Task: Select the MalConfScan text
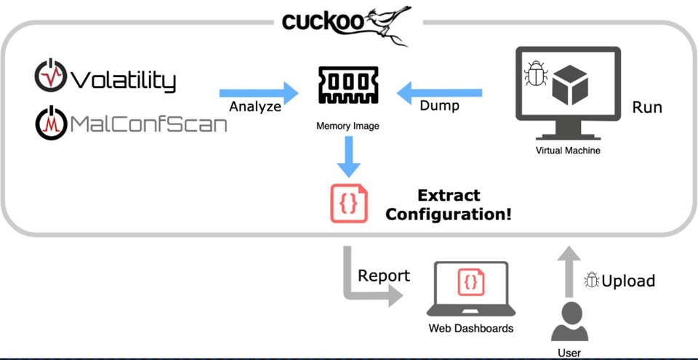coord(148,124)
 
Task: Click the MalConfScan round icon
coord(49,123)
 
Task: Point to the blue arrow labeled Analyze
coord(259,92)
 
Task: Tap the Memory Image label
coord(348,126)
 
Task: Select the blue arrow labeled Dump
coord(439,92)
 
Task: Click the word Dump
coord(439,106)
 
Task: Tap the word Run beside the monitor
coord(647,107)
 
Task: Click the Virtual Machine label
coord(567,151)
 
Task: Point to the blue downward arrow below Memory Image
coord(348,156)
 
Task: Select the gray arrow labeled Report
coord(364,280)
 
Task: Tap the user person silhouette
coord(569,321)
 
